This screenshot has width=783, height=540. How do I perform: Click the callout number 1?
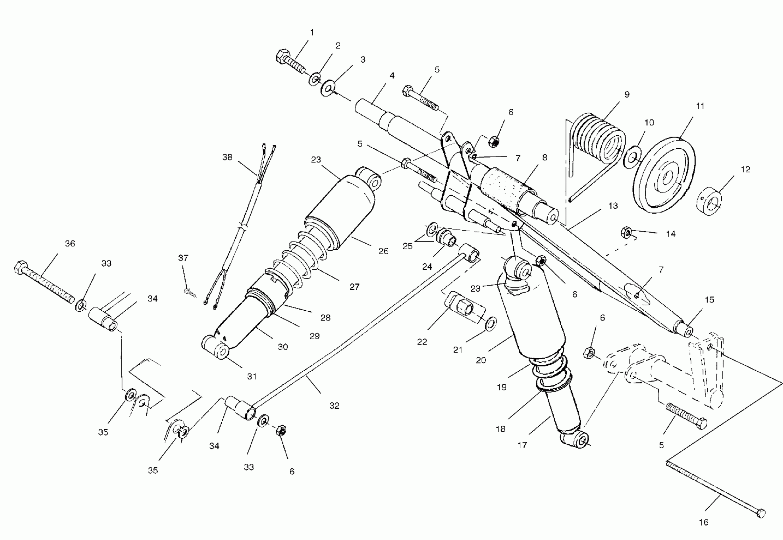(312, 32)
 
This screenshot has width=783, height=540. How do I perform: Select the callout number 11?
(700, 106)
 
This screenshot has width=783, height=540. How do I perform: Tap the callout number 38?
(227, 157)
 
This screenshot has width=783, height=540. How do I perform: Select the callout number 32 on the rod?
(334, 406)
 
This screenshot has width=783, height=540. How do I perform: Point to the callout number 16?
(703, 522)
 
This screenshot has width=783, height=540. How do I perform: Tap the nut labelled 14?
(626, 233)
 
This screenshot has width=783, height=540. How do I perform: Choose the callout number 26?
(383, 251)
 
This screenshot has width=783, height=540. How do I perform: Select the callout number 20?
(481, 360)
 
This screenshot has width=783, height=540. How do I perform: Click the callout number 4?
(392, 76)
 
